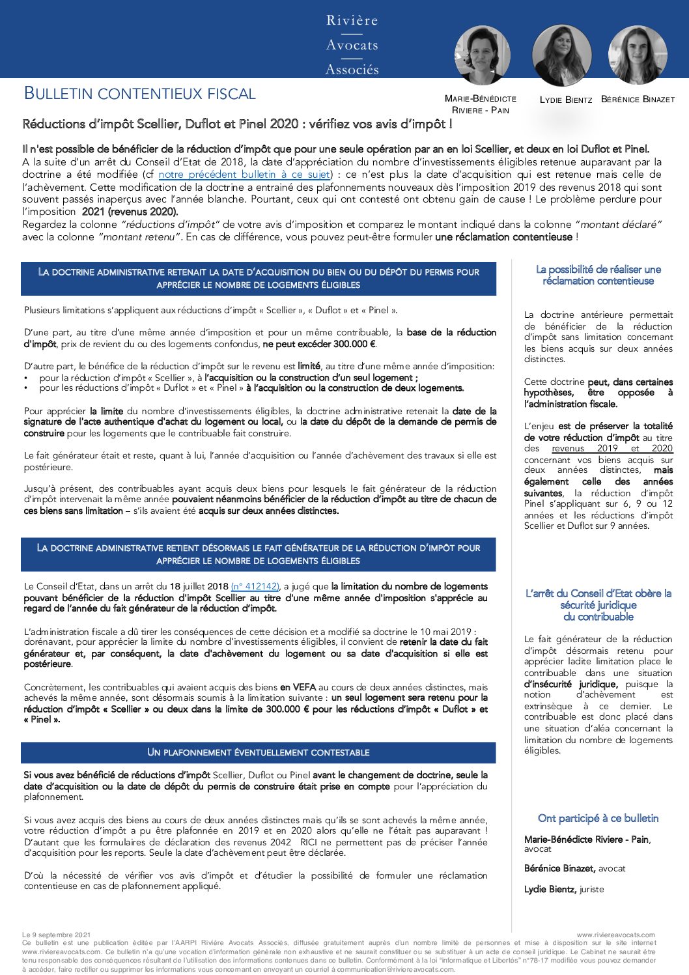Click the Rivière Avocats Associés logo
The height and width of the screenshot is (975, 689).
[352, 44]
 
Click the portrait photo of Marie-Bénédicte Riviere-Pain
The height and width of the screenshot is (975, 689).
[482, 55]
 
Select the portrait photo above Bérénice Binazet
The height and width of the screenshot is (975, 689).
[638, 55]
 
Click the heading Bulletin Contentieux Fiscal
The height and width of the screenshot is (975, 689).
[139, 94]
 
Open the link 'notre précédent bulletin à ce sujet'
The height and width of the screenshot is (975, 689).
[245, 175]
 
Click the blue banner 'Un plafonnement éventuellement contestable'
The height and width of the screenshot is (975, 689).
[258, 752]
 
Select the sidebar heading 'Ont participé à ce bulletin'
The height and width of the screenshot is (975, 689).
[598, 819]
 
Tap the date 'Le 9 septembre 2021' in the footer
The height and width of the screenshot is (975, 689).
[57, 935]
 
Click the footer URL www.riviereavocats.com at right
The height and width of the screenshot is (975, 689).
[615, 935]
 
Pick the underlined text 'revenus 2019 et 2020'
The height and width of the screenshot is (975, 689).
[612, 448]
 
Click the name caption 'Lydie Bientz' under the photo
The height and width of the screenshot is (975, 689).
[566, 100]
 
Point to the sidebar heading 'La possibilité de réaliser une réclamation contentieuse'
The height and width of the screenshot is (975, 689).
[598, 275]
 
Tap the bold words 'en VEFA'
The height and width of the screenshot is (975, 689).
[298, 687]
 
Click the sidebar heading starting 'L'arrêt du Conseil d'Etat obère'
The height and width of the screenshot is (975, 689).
[598, 605]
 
